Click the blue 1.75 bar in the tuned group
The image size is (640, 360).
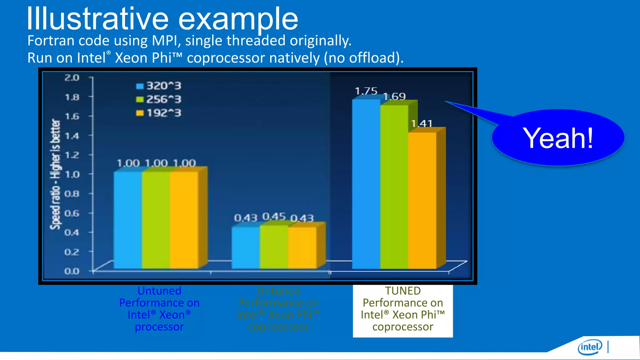pyautogui.click(x=366, y=184)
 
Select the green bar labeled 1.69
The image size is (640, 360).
pyautogui.click(x=394, y=187)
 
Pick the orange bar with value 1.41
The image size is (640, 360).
pyautogui.click(x=422, y=200)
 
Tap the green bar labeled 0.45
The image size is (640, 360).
pyautogui.click(x=274, y=247)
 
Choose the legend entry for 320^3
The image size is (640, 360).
pyautogui.click(x=159, y=86)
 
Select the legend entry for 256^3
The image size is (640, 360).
pyautogui.click(x=159, y=100)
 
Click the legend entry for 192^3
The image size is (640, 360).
pyautogui.click(x=159, y=113)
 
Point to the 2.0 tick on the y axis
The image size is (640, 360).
pyautogui.click(x=72, y=77)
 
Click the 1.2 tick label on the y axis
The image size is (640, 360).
pyautogui.click(x=72, y=155)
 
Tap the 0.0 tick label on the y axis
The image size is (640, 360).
pyautogui.click(x=72, y=271)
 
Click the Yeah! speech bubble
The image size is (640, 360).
pyautogui.click(x=558, y=138)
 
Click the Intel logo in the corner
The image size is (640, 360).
pyautogui.click(x=590, y=347)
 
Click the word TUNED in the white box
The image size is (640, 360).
pyautogui.click(x=403, y=291)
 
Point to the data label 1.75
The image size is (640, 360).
pyautogui.click(x=366, y=91)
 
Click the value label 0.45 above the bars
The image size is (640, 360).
pyautogui.click(x=274, y=217)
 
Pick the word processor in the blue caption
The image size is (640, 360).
pyautogui.click(x=159, y=327)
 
